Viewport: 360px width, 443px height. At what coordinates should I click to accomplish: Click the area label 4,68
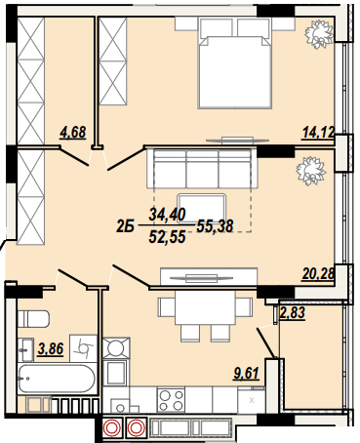point(73,134)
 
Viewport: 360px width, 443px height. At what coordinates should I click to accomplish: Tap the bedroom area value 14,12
point(319,134)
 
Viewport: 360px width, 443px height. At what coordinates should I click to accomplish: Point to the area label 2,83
point(293,313)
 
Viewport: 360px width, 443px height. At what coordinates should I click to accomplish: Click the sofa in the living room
point(202,169)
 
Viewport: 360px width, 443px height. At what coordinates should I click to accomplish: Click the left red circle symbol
point(113,427)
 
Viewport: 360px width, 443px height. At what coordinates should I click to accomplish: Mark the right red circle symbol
point(136,427)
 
